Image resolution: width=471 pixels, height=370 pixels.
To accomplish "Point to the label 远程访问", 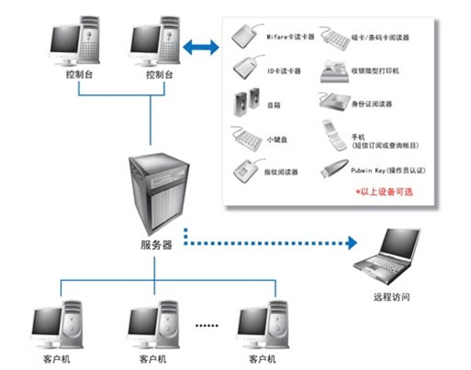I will tap(390, 298).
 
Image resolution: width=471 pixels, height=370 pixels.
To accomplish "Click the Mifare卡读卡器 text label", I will tap(290, 36).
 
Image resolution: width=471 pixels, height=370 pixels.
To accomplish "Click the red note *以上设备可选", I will tap(385, 191).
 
